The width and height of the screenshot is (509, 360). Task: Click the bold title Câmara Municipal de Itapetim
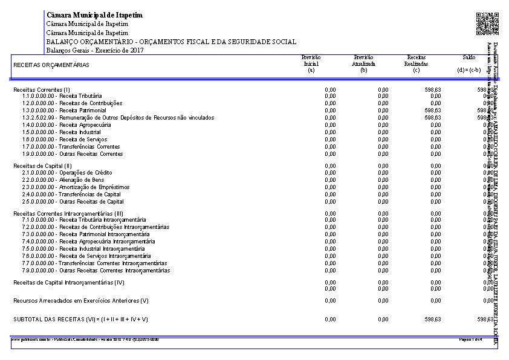pos(94,14)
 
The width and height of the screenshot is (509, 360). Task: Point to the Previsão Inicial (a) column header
pos(311,63)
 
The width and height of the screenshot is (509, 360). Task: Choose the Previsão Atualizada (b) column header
pos(364,63)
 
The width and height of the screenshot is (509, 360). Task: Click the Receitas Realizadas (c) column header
pos(417,63)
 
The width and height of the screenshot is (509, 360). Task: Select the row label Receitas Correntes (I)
pos(42,89)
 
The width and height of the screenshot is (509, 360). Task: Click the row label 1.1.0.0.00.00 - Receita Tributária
pos(62,96)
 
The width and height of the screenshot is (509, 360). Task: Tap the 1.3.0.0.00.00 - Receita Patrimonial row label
pos(64,111)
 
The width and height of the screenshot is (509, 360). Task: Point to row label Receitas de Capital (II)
pos(43,166)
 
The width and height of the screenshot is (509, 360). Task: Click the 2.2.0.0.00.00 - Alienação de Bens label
pos(63,180)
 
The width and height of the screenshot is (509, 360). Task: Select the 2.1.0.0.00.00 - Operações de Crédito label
pos(66,173)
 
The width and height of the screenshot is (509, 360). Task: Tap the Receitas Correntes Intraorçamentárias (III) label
pos(68,213)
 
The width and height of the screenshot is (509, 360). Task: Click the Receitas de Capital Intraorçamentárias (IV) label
pos(69,282)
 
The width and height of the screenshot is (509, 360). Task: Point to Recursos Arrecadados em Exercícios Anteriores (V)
pos(80,300)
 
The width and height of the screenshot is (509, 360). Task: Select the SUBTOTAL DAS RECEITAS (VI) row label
pos(80,319)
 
